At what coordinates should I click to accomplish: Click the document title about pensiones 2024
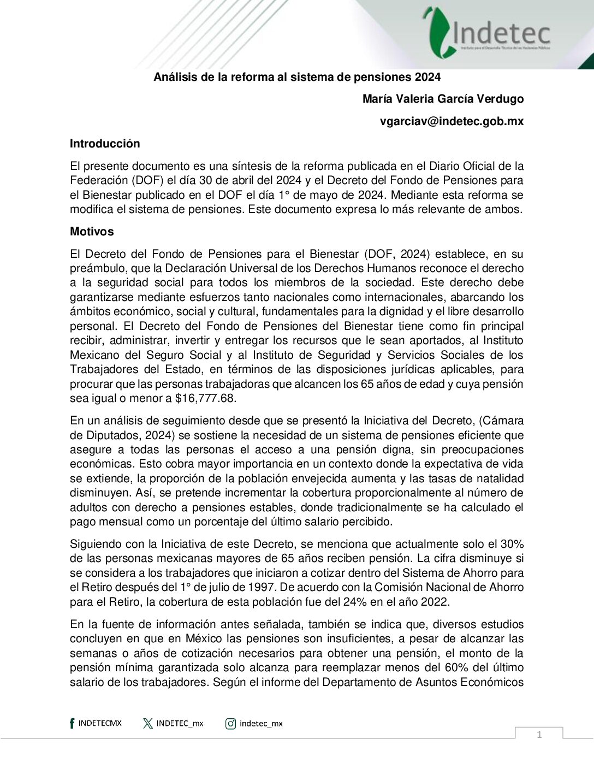[297, 77]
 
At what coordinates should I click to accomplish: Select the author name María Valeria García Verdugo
[443, 99]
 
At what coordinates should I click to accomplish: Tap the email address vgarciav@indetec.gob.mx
[452, 121]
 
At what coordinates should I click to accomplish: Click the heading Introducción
[105, 144]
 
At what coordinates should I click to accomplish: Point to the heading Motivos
[92, 232]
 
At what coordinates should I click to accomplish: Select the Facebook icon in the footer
[72, 724]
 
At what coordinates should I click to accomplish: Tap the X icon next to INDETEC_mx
[147, 724]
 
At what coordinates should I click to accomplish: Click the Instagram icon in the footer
[230, 724]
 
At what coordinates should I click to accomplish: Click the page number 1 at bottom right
[539, 735]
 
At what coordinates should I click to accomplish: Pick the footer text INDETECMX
[100, 724]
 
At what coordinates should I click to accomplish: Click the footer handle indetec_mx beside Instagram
[261, 724]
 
